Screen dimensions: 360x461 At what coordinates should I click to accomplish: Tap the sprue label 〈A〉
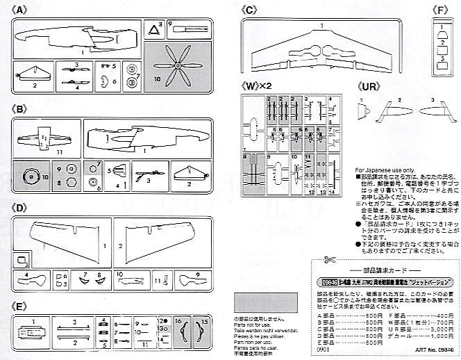20,10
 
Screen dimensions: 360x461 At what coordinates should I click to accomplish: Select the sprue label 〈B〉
20,109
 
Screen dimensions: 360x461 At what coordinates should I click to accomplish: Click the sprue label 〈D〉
20,208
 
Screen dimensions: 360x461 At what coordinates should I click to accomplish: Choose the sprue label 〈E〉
20,305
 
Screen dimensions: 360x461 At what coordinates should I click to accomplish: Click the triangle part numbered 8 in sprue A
155,30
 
